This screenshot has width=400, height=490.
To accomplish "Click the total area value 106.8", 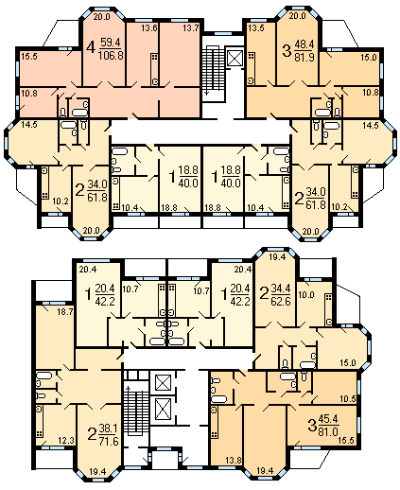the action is click(x=111, y=56).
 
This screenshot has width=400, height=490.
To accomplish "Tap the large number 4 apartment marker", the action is click(x=91, y=48).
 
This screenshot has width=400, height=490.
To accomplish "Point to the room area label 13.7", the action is click(x=190, y=28).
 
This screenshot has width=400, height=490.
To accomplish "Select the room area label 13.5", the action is click(x=256, y=28).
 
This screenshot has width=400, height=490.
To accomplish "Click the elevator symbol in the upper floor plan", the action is click(x=235, y=58).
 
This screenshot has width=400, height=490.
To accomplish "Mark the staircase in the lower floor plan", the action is click(x=136, y=412).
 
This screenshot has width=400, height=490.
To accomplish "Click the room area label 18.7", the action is click(x=65, y=312).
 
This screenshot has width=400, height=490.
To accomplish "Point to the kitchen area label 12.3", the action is click(x=66, y=440).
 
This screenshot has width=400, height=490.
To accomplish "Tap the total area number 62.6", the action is click(x=281, y=301).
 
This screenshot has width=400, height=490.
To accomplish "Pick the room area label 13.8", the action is click(x=234, y=461).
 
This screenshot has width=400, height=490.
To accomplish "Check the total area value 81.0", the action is click(x=328, y=430).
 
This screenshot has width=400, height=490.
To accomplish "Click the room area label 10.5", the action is click(x=348, y=399).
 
